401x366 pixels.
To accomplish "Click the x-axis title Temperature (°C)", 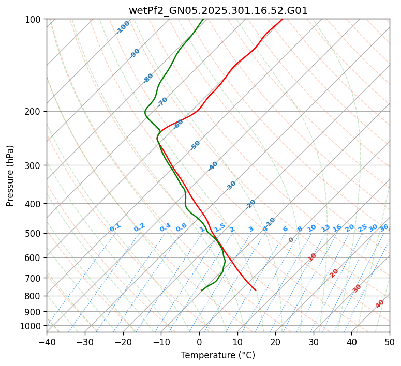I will point(218,356).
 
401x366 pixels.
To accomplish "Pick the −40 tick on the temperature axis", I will point(47,342).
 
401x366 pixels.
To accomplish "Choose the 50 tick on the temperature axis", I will point(390,342).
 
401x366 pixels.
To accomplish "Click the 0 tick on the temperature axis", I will point(199,342).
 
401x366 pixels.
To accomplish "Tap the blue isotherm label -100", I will point(123,27).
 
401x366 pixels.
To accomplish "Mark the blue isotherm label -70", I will point(162,102).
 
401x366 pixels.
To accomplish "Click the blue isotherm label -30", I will point(231,186).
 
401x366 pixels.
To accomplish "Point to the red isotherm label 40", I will point(380,304).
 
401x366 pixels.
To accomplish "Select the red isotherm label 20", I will point(334,272).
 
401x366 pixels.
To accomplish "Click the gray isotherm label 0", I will point(291,240).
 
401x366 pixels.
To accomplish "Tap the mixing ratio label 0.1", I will point(115,227).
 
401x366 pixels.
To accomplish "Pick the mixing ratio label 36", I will point(384,228).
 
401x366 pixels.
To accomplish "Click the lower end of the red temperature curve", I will point(255,290).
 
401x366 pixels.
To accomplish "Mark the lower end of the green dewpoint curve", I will point(202,291).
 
